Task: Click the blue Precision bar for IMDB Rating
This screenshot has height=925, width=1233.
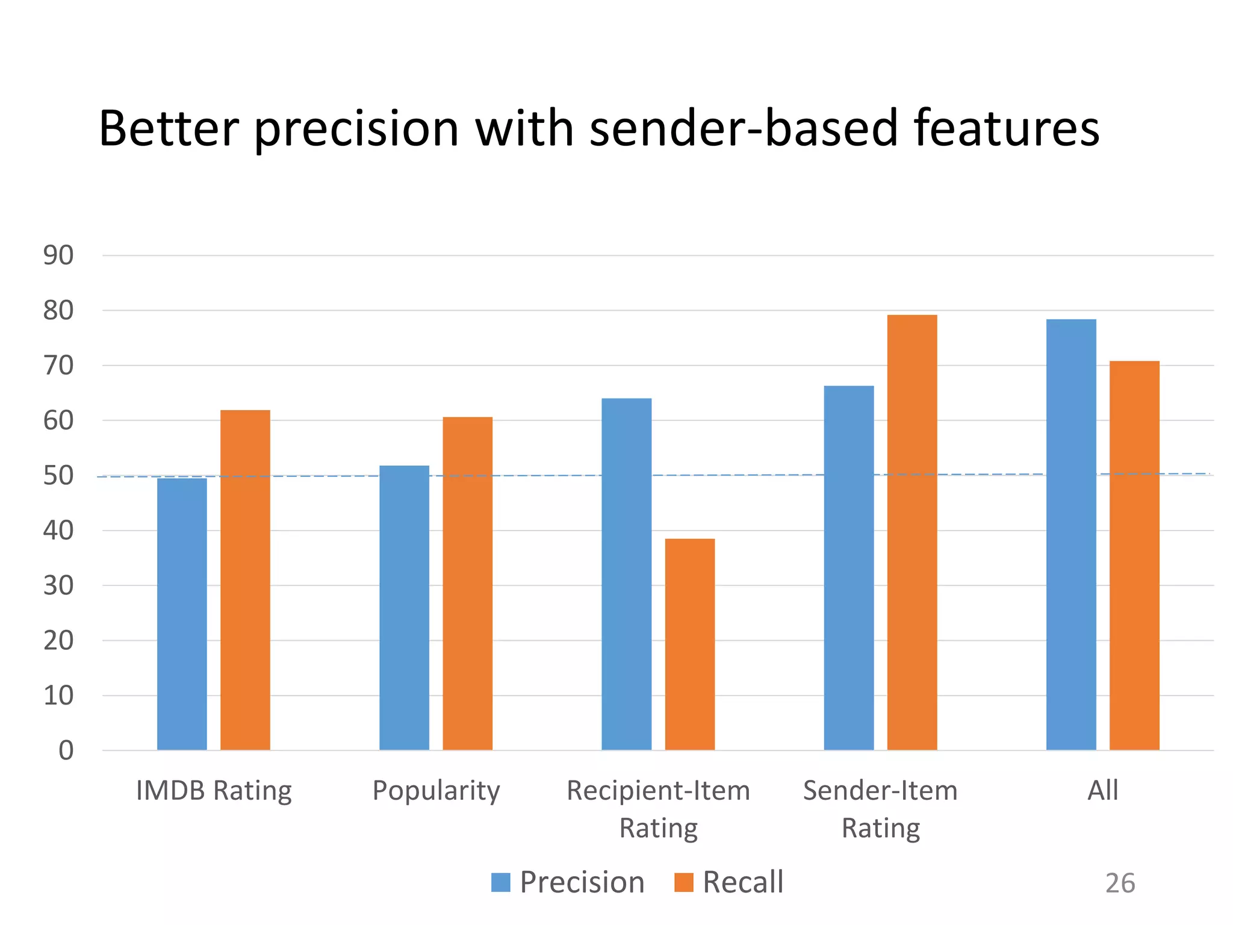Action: click(182, 614)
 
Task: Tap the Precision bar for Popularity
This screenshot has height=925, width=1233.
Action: click(404, 608)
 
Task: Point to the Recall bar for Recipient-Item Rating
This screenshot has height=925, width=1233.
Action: click(690, 644)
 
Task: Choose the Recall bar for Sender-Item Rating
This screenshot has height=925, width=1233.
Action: click(912, 532)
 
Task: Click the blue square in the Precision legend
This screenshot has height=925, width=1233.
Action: click(501, 882)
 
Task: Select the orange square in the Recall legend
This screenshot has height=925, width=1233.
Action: click(684, 882)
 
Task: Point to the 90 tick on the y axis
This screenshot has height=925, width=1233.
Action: click(58, 255)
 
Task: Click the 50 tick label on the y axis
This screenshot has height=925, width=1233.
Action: click(58, 476)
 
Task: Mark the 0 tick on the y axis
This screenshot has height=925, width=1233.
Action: click(66, 750)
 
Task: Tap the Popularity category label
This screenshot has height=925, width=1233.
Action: click(436, 790)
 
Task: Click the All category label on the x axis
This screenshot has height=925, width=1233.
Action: click(1102, 790)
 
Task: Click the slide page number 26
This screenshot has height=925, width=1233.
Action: click(1120, 883)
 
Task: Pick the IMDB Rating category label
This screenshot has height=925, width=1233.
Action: click(214, 790)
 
